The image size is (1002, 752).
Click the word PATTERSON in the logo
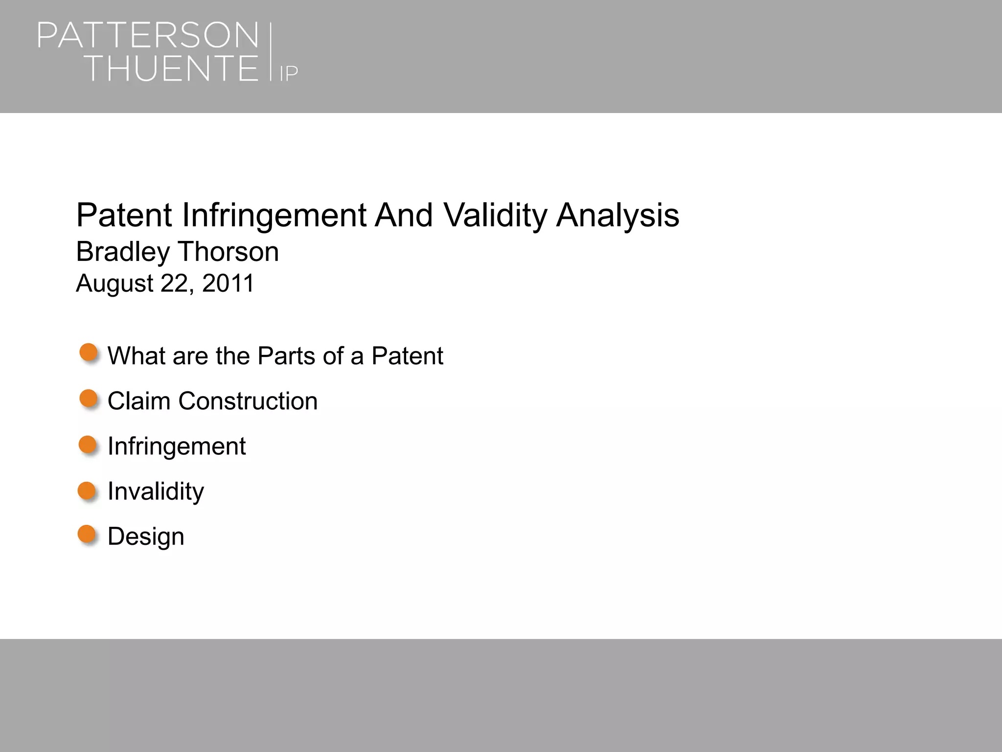point(148,35)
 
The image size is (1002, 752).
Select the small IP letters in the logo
point(289,73)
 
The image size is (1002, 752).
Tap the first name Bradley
point(123,252)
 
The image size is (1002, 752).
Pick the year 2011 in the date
point(228,283)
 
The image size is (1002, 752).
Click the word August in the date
point(114,283)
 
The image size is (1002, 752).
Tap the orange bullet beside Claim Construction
point(89,399)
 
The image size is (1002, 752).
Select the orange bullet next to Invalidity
point(88,490)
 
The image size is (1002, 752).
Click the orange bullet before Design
point(88,534)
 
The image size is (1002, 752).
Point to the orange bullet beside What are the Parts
point(89,352)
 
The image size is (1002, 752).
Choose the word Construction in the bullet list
point(248,401)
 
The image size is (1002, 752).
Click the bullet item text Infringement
point(176,446)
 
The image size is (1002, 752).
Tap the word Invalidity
point(156,491)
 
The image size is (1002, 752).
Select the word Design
point(146,537)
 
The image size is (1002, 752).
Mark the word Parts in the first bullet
point(287,356)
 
